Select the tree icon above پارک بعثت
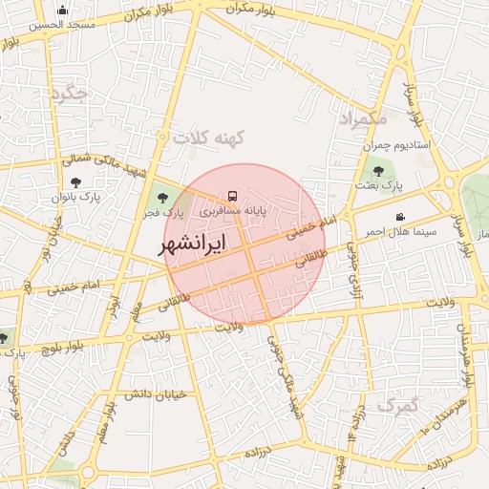coord(378,172)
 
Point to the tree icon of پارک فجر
coord(159,197)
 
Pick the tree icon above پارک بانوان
coord(75,181)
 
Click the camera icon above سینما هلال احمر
coord(399,218)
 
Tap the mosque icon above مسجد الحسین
coord(62,11)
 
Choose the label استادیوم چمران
coord(396,146)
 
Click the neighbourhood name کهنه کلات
coord(209,138)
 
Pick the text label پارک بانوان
coord(77,196)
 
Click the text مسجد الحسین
coord(63,26)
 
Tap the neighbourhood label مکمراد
coord(362,118)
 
